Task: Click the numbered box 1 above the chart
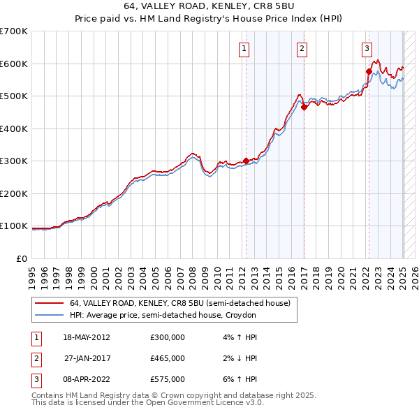point(244,49)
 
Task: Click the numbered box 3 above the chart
point(367,49)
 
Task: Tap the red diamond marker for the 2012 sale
point(246,161)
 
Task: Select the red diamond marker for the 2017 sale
point(304,107)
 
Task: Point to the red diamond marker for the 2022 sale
point(368,71)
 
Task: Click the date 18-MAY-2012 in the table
point(86,337)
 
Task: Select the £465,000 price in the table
point(168,358)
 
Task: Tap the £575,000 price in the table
point(168,379)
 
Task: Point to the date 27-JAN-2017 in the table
point(86,358)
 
